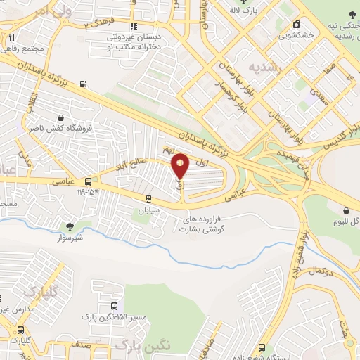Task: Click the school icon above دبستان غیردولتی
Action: click(133, 26)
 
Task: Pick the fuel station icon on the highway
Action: click(84, 85)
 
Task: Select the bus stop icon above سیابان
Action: click(148, 198)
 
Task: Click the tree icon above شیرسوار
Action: click(70, 226)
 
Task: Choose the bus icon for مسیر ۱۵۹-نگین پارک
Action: click(114, 307)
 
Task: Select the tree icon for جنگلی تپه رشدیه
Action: click(352, 15)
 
